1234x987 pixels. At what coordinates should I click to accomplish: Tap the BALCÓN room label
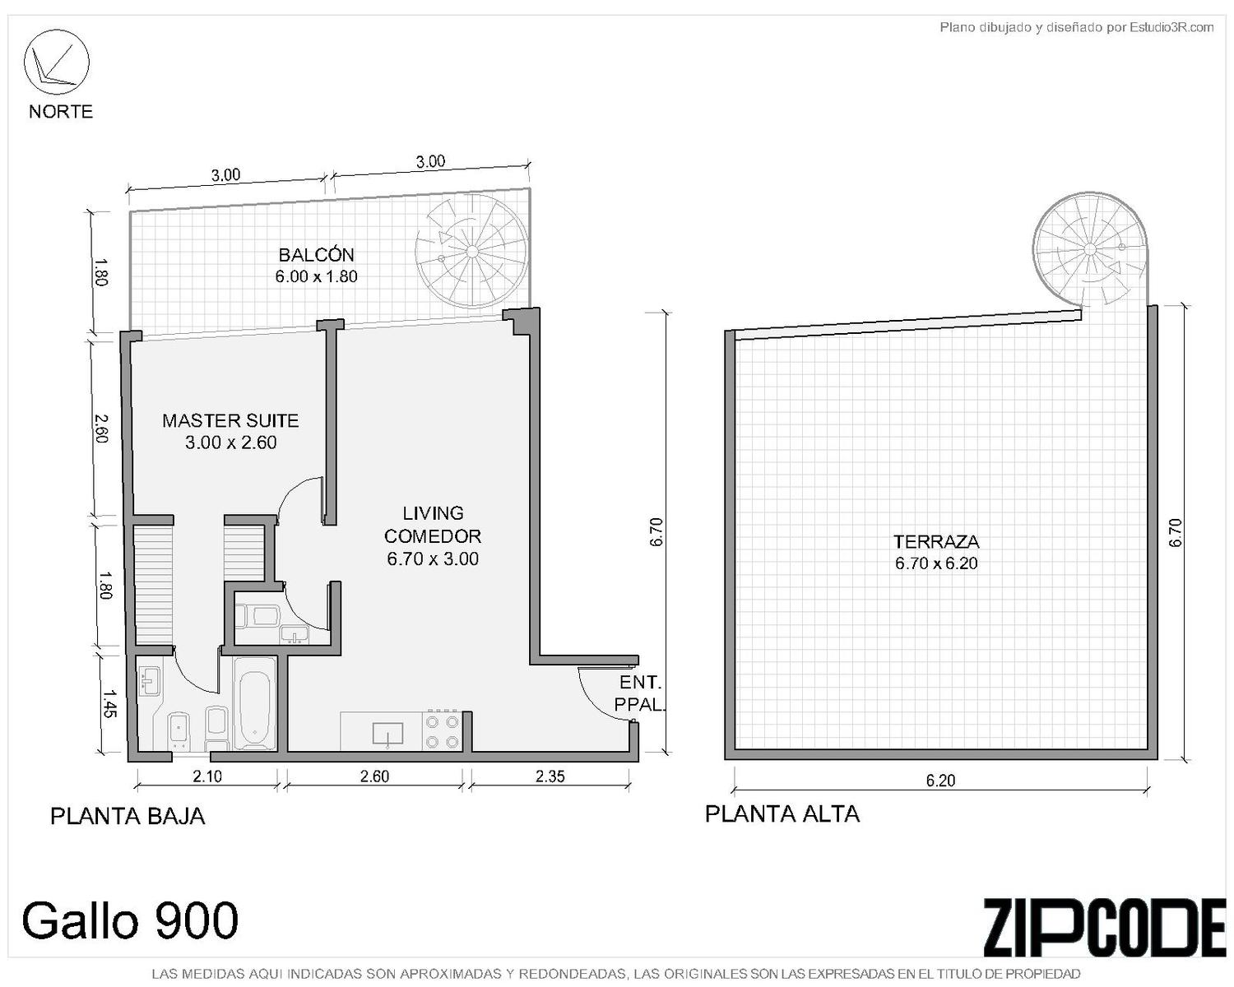316,254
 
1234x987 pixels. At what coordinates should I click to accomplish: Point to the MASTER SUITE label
230,420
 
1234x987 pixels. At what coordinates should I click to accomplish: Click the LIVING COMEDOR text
433,524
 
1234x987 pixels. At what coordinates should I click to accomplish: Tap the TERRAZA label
936,541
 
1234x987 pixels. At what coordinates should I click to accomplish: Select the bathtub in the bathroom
254,710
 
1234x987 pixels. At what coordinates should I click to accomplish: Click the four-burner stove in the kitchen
442,730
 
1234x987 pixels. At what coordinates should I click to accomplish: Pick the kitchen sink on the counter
387,734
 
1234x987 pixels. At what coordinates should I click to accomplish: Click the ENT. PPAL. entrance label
639,693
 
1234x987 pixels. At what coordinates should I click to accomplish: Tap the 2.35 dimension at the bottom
550,776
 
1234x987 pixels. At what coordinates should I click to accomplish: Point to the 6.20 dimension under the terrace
940,780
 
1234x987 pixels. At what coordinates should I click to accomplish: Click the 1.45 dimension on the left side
109,703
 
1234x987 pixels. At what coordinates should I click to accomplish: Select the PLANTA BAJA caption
128,816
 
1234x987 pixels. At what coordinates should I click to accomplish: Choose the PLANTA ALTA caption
782,813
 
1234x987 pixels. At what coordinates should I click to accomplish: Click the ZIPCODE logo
1104,927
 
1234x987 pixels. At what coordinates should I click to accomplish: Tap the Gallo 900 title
130,920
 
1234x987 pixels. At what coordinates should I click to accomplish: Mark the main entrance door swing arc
596,702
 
